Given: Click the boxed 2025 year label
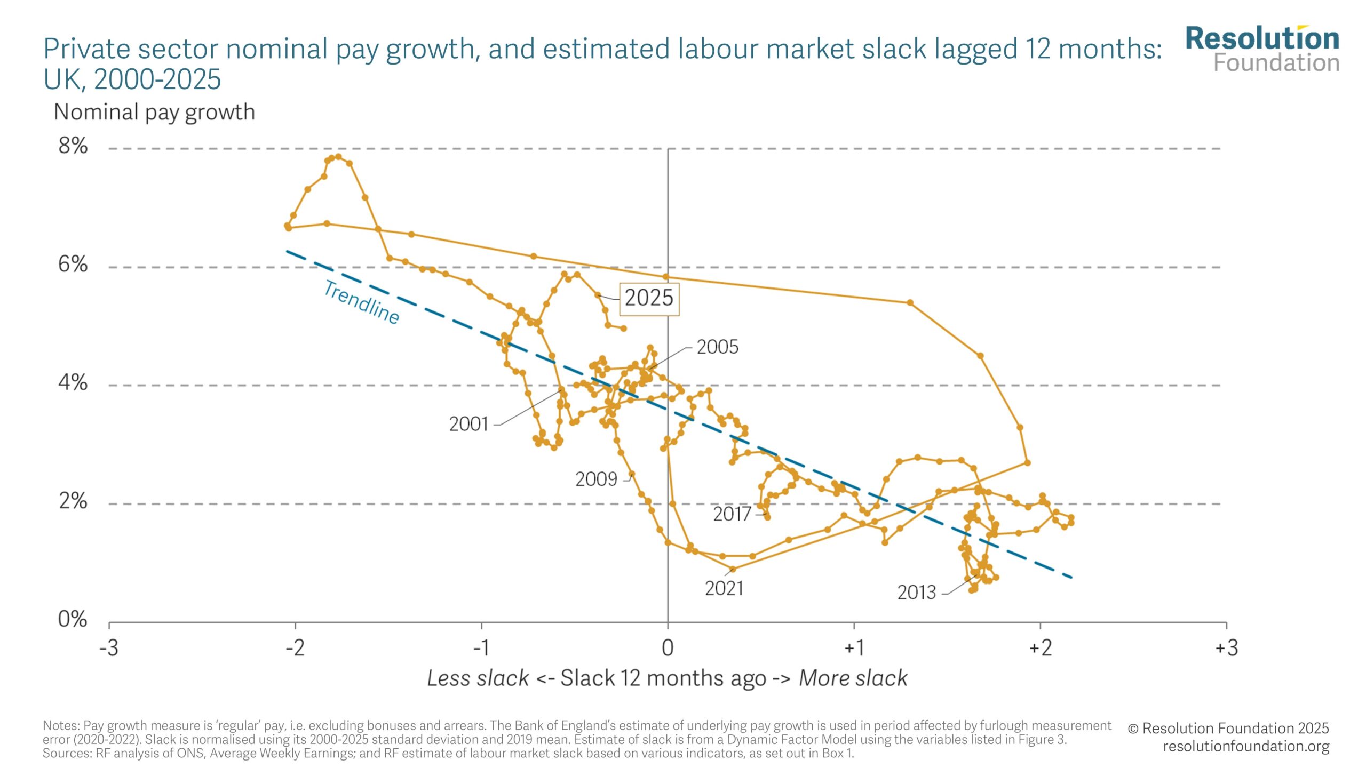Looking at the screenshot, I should click(x=649, y=298).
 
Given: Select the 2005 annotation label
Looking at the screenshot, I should click(x=717, y=347).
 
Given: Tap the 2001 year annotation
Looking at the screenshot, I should click(x=468, y=425).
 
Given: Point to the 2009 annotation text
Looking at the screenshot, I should click(x=596, y=479).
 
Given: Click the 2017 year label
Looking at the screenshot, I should click(x=732, y=515).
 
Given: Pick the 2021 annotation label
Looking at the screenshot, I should click(x=724, y=589).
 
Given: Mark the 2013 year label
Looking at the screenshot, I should click(x=916, y=593).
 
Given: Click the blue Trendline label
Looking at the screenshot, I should click(x=362, y=302).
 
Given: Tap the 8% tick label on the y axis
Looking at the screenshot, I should click(x=73, y=146).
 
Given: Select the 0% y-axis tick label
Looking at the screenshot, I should click(x=73, y=619).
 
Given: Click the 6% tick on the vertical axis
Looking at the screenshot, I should click(x=73, y=264).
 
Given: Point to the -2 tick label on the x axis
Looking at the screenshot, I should click(x=295, y=648).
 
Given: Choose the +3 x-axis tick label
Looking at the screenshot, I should click(x=1226, y=648).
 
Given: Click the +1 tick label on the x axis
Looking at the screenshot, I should click(x=854, y=648).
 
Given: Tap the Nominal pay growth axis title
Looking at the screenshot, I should click(x=154, y=113).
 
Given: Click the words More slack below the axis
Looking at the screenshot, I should click(x=853, y=678).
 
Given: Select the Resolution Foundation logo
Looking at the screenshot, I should click(x=1262, y=50).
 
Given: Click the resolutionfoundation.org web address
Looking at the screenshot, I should click(x=1246, y=746).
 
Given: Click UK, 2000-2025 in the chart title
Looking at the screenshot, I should click(x=132, y=79).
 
